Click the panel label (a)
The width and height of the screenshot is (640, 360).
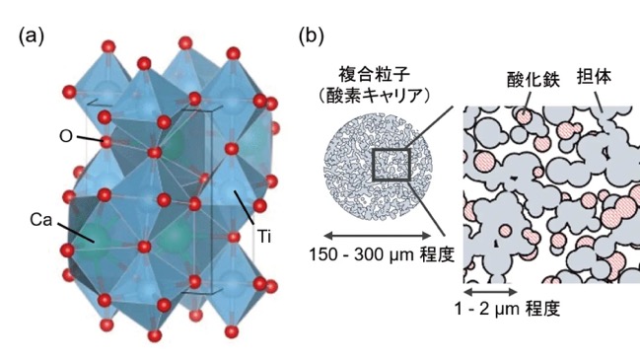[x=31, y=36]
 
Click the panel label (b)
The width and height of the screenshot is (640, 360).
[x=312, y=36]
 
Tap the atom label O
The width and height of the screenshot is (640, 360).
[x=66, y=136]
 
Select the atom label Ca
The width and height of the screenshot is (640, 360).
[x=41, y=220]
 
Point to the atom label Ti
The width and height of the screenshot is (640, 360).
[x=264, y=237]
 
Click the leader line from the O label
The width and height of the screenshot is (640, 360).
[x=90, y=139]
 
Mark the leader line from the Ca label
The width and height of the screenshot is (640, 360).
[x=76, y=233]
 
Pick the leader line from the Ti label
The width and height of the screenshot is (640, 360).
[x=245, y=207]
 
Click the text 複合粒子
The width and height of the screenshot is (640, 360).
[x=375, y=75]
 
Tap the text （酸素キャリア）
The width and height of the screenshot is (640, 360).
[x=375, y=96]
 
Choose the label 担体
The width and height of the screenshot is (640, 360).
[x=594, y=76]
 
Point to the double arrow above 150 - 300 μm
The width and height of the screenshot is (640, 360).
[x=377, y=235]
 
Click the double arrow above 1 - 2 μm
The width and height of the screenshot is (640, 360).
[x=491, y=291]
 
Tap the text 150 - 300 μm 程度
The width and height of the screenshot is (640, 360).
[x=382, y=254]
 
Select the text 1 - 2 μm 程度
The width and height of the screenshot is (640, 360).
[x=507, y=309]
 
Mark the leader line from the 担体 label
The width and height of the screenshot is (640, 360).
[x=599, y=102]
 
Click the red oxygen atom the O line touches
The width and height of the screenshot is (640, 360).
[x=107, y=142]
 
